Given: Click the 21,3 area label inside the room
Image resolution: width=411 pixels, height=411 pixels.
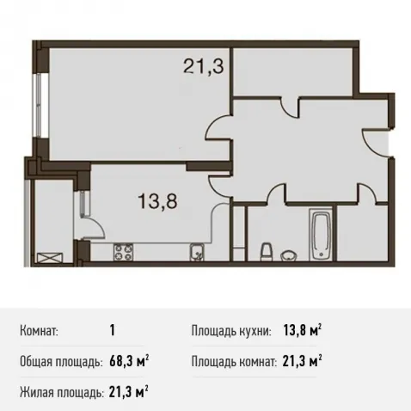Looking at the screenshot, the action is tap(203, 66).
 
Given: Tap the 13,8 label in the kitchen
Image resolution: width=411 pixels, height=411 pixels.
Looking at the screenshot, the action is tap(158, 200).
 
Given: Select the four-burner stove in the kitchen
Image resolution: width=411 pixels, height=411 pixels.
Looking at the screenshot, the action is tap(124, 252).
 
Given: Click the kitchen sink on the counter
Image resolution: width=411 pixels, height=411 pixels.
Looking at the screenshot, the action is tap(197, 252).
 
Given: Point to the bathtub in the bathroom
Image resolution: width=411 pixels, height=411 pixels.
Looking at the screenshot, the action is tap(321, 234).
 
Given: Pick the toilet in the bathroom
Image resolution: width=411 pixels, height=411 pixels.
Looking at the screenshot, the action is tap(267, 252).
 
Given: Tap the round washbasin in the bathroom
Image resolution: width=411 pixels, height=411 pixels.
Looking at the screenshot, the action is tap(289, 255).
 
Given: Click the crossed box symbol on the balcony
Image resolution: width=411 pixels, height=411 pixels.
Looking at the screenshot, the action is tap(49, 258).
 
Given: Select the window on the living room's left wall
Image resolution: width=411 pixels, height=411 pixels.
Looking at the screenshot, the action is tap(37, 105).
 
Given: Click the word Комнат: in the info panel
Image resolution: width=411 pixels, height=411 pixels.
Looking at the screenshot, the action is tap(39, 331).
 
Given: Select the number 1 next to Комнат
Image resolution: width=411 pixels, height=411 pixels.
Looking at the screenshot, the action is tap(112, 331).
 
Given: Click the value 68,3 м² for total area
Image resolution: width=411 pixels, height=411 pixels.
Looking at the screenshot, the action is tap(129, 361).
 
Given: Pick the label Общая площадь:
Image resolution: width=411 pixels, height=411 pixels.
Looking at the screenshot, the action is tap(61, 362).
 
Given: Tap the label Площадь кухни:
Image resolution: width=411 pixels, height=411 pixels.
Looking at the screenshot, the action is tap(231, 331).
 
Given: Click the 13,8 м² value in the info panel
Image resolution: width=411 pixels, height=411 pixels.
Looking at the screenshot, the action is tap(303, 331).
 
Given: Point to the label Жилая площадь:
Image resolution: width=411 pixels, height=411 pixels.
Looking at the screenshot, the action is tap(62, 392).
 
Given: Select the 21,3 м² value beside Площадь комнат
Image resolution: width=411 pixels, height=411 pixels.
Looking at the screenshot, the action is tap(302, 361).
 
